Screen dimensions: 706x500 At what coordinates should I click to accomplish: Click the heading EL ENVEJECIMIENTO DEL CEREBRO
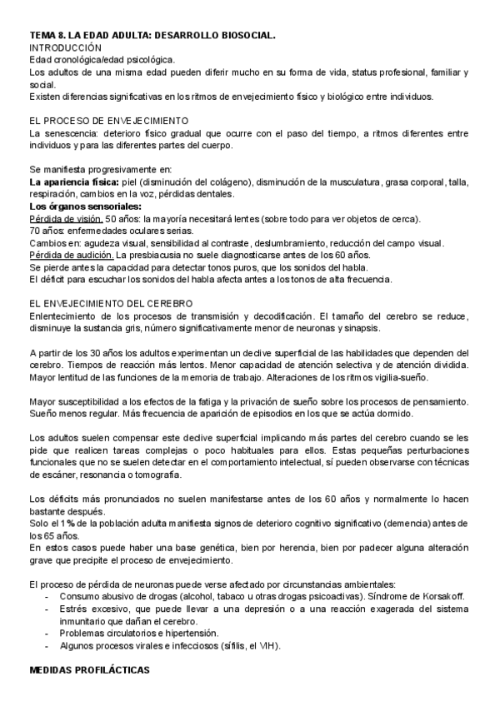pos(111,302)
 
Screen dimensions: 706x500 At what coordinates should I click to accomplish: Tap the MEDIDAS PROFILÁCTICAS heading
pos(89,669)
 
